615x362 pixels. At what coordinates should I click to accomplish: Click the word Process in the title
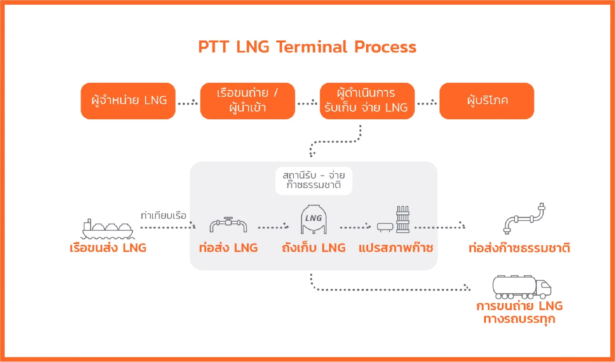(385, 47)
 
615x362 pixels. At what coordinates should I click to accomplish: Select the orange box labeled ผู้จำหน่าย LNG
(128, 101)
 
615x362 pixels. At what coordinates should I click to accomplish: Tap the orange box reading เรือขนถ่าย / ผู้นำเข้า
(248, 101)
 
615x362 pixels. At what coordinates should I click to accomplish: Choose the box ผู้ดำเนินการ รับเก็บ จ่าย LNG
(367, 101)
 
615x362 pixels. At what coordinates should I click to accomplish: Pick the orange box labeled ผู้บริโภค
(487, 101)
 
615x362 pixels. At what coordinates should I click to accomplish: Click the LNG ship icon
(108, 229)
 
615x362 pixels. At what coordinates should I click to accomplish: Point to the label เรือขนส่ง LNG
(108, 248)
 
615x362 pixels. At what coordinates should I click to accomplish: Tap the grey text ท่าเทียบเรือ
(163, 216)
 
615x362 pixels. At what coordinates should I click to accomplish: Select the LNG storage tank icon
(314, 219)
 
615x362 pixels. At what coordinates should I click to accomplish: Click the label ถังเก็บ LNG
(314, 248)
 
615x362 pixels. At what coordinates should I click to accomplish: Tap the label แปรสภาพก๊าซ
(396, 248)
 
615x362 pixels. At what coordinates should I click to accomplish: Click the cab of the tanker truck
(544, 288)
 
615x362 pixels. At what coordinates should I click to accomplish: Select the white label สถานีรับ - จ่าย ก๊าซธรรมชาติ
(314, 180)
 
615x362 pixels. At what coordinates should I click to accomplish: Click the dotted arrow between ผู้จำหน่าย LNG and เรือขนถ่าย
(188, 103)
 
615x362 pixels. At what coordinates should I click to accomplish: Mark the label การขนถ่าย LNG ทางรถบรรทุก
(519, 312)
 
